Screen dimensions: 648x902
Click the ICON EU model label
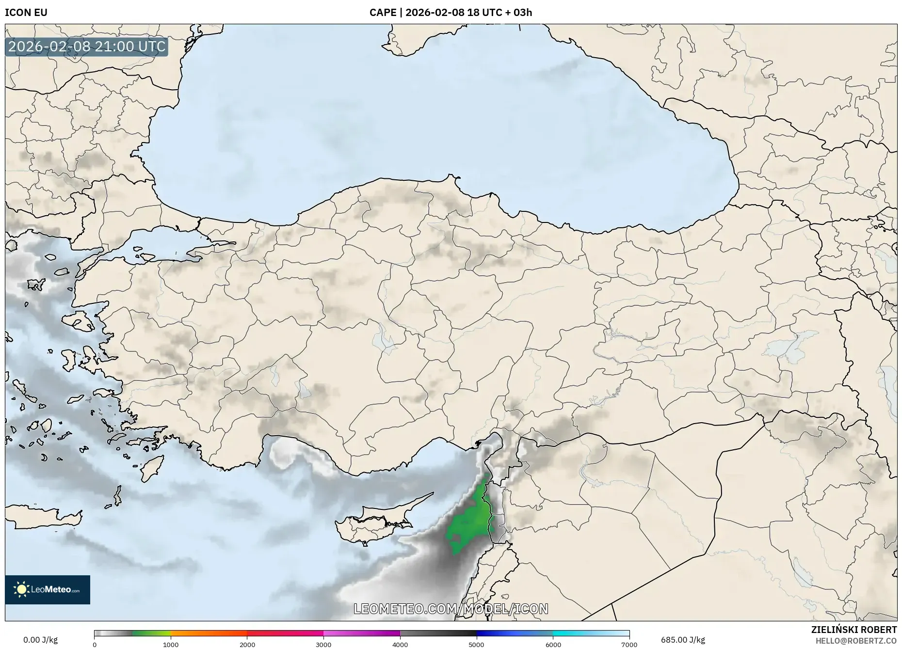click(26, 13)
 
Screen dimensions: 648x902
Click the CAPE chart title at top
click(451, 13)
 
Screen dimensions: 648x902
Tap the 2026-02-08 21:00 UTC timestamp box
click(87, 47)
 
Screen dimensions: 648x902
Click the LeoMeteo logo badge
click(48, 589)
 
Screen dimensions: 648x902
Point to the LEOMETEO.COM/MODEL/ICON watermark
click(451, 609)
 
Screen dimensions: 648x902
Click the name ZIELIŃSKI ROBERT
click(854, 630)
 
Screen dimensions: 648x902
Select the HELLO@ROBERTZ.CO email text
click(856, 641)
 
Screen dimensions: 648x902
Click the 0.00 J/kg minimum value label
click(40, 640)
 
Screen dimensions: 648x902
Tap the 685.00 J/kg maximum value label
click(683, 640)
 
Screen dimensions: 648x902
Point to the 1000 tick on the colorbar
click(171, 645)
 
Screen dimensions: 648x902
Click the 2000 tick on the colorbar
click(247, 645)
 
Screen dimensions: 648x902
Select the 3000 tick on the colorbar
click(323, 645)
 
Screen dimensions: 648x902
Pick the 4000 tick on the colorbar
click(400, 645)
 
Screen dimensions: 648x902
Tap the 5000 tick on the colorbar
click(476, 645)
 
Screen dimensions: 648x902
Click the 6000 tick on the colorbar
click(553, 645)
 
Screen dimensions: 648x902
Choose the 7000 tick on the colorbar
click(629, 645)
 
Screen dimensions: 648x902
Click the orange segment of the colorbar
click(209, 633)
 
